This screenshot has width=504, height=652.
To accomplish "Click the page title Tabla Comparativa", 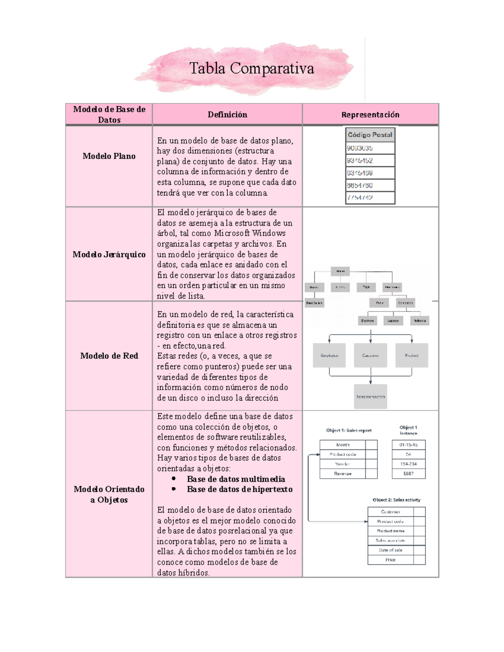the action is [252, 68].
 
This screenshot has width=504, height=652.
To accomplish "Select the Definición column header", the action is [227, 115].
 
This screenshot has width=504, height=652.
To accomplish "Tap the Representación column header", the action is [370, 115].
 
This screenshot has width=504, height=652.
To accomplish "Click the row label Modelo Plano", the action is [109, 156].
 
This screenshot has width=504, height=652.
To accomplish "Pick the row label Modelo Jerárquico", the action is [109, 254].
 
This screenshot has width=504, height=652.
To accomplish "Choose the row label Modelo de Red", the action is [109, 356].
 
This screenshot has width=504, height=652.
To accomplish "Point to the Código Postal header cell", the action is [370, 135].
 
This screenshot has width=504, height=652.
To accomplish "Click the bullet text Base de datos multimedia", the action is [236, 479].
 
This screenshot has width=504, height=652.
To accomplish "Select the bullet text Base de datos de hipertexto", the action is [239, 490].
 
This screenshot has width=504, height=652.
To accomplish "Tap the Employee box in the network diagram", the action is [329, 356].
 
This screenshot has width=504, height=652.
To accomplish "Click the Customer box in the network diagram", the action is [370, 356].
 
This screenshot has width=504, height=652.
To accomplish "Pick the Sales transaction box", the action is [370, 397].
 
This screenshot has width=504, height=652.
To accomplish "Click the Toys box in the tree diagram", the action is [366, 287].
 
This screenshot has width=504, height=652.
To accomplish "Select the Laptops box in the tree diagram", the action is [393, 321].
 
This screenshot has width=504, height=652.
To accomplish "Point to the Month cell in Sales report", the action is [343, 445].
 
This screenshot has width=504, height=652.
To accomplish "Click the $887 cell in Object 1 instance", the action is [408, 474].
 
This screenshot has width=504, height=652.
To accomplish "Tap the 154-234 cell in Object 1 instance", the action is [408, 464].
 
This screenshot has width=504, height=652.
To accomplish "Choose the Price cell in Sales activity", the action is [391, 560].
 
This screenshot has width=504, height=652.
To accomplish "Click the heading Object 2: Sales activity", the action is [396, 500].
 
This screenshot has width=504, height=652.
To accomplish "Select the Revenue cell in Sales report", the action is [343, 474].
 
